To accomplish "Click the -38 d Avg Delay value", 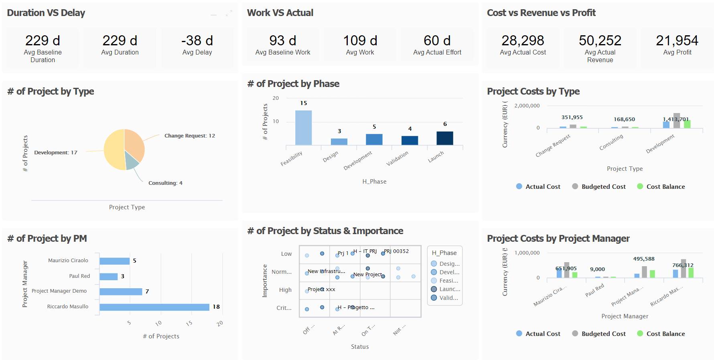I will pyautogui.click(x=197, y=40).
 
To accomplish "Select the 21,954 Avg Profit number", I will pyautogui.click(x=677, y=40).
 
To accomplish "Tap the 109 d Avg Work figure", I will pyautogui.click(x=360, y=40).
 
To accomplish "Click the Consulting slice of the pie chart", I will pyautogui.click(x=131, y=160).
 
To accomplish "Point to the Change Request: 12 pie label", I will pyautogui.click(x=189, y=136).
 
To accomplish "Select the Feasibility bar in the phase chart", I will pyautogui.click(x=303, y=127).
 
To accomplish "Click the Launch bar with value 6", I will pyautogui.click(x=444, y=138).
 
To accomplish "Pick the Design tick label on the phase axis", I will pyautogui.click(x=331, y=157).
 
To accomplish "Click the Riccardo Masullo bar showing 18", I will pyautogui.click(x=154, y=307).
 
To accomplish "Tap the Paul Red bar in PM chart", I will pyautogui.click(x=108, y=277).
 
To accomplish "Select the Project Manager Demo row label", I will pyautogui.click(x=59, y=291).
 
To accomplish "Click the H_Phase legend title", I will pyautogui.click(x=444, y=253).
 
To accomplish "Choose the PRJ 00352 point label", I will pyautogui.click(x=396, y=251).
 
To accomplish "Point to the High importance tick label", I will pyautogui.click(x=285, y=290).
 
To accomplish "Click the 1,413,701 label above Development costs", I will pyautogui.click(x=675, y=119).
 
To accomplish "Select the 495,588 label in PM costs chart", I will pyautogui.click(x=643, y=259).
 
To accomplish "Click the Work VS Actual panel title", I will pyautogui.click(x=280, y=13).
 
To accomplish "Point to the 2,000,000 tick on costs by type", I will pyautogui.click(x=527, y=106).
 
